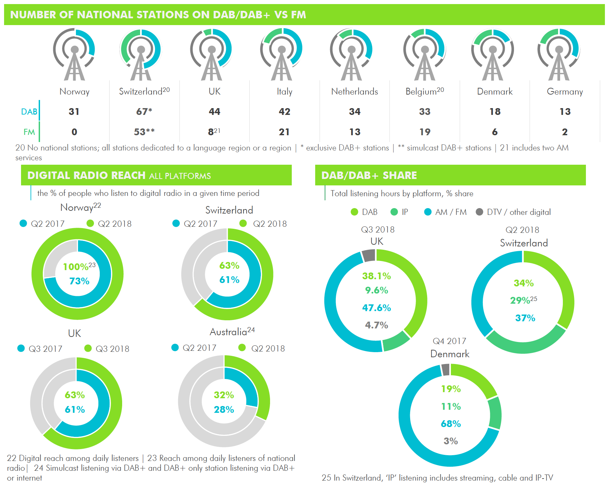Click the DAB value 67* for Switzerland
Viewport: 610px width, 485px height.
coord(144,112)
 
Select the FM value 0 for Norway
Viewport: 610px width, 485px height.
coord(74,132)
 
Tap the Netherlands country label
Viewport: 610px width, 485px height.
coord(355,92)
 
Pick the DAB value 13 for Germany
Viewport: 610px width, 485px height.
coord(565,112)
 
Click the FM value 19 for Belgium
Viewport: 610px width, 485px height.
coord(425,132)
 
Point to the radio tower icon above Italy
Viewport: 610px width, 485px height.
coord(282,54)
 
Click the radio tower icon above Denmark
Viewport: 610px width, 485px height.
coord(493,54)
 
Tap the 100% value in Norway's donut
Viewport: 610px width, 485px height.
coord(76,267)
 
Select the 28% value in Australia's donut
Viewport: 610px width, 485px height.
coord(224,409)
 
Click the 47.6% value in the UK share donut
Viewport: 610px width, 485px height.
coord(377,308)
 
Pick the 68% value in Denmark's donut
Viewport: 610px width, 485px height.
coord(451,424)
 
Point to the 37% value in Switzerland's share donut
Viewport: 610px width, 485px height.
coord(525,318)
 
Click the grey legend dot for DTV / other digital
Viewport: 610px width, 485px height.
coord(479,212)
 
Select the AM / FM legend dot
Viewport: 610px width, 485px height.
coord(428,212)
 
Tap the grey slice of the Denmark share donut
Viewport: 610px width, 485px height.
coord(445,370)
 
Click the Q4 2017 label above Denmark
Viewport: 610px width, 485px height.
coord(450,341)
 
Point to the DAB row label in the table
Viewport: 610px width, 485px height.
coord(29,112)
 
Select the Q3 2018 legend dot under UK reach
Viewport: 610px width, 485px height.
coord(88,348)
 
